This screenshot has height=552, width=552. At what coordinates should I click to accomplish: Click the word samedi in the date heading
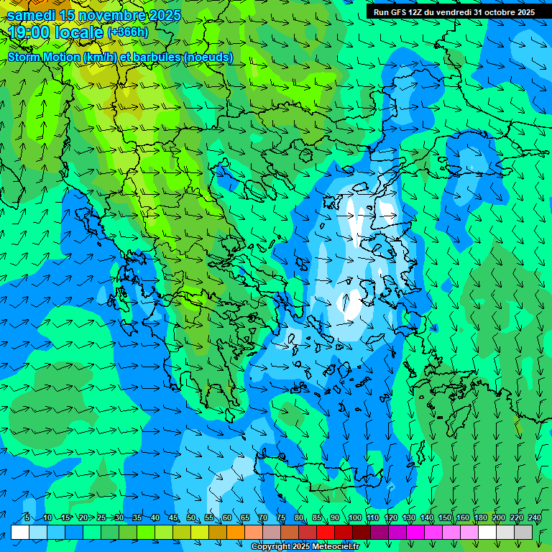pos(32,15)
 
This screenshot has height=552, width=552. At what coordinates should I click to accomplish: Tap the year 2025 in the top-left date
pos(160,15)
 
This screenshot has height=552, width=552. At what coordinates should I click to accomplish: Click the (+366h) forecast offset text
pos(128,32)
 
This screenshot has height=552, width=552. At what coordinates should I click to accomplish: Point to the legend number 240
pos(535,518)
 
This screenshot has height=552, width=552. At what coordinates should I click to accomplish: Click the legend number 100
pos(355,518)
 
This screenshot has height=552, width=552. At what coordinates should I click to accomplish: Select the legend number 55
pos(209,518)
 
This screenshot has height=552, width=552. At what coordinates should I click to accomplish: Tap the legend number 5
pos(27,518)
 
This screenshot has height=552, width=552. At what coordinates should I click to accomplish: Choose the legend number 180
pos(481,518)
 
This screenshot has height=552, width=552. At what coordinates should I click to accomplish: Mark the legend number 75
pos(281,518)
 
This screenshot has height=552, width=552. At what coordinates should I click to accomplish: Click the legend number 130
pos(409,518)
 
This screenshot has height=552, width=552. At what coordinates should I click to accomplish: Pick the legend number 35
pos(137,518)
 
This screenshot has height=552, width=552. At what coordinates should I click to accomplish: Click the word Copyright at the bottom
pos(270,547)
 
